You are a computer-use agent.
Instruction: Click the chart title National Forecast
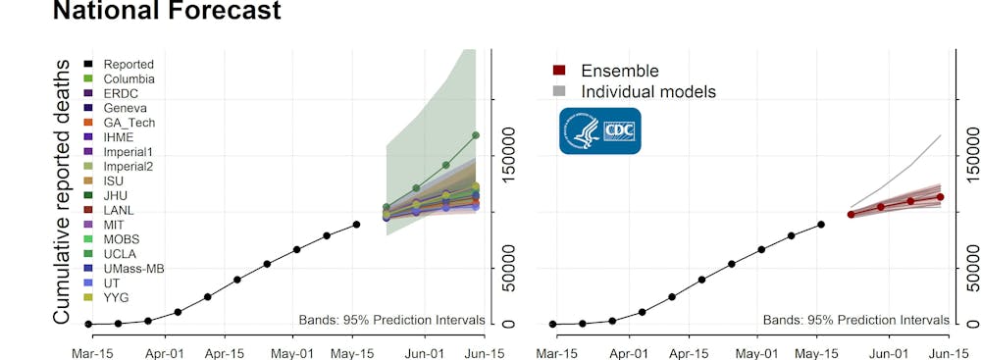(x=166, y=12)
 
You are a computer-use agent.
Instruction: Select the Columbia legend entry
(x=128, y=78)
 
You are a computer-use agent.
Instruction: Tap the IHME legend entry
(x=120, y=137)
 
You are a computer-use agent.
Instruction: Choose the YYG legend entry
(x=117, y=297)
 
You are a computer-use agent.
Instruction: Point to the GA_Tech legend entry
(x=129, y=123)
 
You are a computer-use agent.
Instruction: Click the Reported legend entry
(x=128, y=65)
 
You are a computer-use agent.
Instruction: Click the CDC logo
(x=599, y=130)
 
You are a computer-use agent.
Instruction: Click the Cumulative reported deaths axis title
(x=62, y=191)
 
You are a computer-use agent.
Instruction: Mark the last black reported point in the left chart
(x=356, y=225)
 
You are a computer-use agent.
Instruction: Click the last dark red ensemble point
(x=940, y=197)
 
